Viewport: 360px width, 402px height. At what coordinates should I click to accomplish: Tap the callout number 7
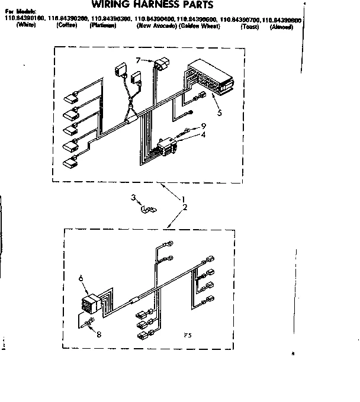tap(137, 60)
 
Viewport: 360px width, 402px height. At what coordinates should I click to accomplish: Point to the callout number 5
tap(219, 112)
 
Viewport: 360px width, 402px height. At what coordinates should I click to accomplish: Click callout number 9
tap(203, 126)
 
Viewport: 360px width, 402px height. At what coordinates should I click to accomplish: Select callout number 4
tap(203, 134)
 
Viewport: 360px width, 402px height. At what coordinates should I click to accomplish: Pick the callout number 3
tap(133, 198)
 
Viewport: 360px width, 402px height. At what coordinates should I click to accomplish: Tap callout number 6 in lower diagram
tap(81, 278)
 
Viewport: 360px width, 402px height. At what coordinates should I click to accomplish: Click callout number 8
tap(98, 335)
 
